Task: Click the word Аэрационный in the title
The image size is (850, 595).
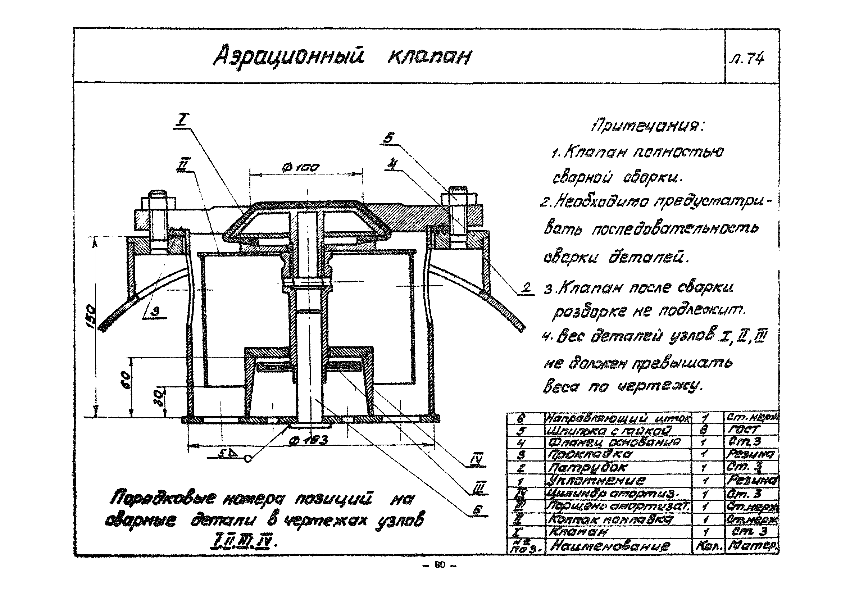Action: click(289, 56)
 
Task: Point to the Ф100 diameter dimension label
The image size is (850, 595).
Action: click(300, 168)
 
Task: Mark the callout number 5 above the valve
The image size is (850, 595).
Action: click(388, 138)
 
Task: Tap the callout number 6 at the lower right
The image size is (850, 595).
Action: click(478, 510)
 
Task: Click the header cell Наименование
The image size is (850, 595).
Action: click(610, 546)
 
